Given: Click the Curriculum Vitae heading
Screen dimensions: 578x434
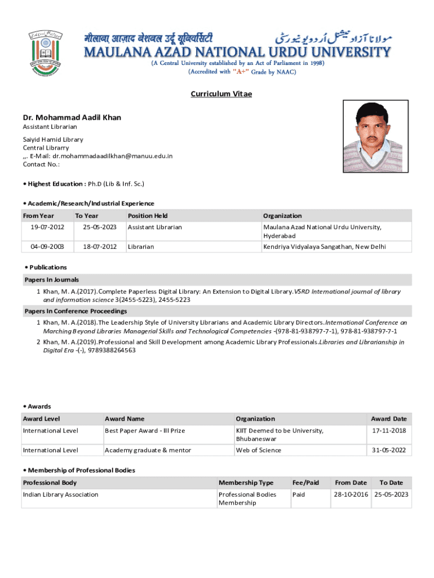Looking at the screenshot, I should click(x=221, y=94).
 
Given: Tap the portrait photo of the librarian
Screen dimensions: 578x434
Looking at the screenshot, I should click(x=373, y=137).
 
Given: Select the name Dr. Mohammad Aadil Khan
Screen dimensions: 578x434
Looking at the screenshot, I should click(x=72, y=117).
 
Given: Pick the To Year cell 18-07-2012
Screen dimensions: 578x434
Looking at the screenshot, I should click(x=100, y=247).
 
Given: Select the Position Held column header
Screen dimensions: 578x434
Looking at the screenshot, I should click(x=148, y=216).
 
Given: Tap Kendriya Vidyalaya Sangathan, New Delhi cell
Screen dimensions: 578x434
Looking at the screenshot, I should click(x=324, y=247).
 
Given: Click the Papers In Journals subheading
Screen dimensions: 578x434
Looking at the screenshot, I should click(x=52, y=279).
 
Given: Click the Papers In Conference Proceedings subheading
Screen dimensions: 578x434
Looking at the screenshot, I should click(x=76, y=311).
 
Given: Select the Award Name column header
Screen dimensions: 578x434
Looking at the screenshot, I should click(x=125, y=419).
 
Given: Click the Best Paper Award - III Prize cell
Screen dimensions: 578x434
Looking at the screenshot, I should click(x=145, y=431).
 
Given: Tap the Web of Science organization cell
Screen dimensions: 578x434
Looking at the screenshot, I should click(x=258, y=450).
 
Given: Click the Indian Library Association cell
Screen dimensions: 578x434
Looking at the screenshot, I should click(x=60, y=494).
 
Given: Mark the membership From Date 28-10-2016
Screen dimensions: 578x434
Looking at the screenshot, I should click(x=351, y=494).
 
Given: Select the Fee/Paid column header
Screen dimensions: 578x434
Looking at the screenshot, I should click(x=305, y=483).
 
